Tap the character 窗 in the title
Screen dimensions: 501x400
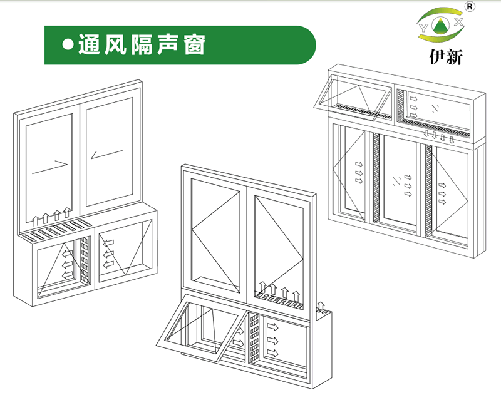pyautogui.click(x=195, y=44)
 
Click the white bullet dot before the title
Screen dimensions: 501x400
pyautogui.click(x=68, y=44)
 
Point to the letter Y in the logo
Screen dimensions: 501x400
pyautogui.click(x=424, y=28)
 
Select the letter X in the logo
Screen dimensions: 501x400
pyautogui.click(x=458, y=22)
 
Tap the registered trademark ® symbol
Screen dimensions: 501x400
pyautogui.click(x=470, y=7)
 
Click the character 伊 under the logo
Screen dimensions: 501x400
pyautogui.click(x=437, y=57)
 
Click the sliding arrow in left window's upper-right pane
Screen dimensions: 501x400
pyautogui.click(x=106, y=155)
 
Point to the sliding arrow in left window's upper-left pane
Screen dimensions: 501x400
pyautogui.click(x=50, y=167)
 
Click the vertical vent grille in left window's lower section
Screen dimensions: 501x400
pyautogui.click(x=85, y=260)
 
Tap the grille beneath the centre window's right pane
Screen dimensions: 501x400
pyautogui.click(x=279, y=301)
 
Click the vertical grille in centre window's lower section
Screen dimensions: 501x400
pyautogui.click(x=254, y=337)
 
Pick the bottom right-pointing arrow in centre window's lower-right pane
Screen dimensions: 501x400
pyautogui.click(x=272, y=353)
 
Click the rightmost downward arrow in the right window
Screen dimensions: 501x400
pyautogui.click(x=451, y=139)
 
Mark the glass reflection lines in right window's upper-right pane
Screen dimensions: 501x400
pyautogui.click(x=434, y=108)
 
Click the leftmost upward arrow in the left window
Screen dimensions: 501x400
pyautogui.click(x=36, y=220)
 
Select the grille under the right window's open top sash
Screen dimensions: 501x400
pyautogui.click(x=363, y=111)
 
